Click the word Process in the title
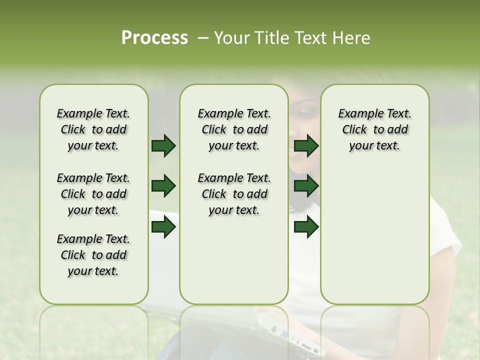pos(154,38)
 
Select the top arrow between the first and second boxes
pos(163,146)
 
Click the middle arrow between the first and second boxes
pos(163,186)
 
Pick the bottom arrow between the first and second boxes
pos(163,227)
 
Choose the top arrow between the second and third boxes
pos(306,146)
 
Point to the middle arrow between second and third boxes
pos(306,186)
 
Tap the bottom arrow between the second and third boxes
pos(306,227)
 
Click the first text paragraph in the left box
pos(93,129)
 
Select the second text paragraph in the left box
pos(93,194)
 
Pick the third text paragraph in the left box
pos(93,255)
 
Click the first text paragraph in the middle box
pos(234,129)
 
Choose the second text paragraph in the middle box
pos(234,194)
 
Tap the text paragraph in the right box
pos(375,129)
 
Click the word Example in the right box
pos(357,114)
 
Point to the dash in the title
pos(203,38)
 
